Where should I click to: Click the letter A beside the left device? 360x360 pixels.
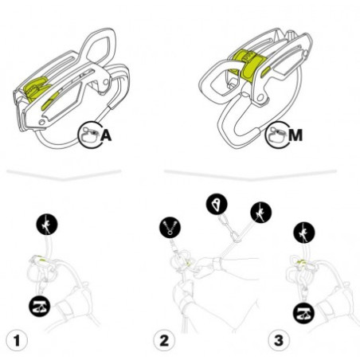click(107, 136)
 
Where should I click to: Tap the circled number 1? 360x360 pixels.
click(17, 341)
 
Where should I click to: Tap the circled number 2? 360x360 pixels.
click(164, 341)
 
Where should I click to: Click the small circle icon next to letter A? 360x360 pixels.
click(90, 135)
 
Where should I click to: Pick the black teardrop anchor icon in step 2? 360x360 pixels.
click(217, 205)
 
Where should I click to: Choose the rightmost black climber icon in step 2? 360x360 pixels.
click(260, 212)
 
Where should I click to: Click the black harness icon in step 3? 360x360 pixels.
click(306, 311)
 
